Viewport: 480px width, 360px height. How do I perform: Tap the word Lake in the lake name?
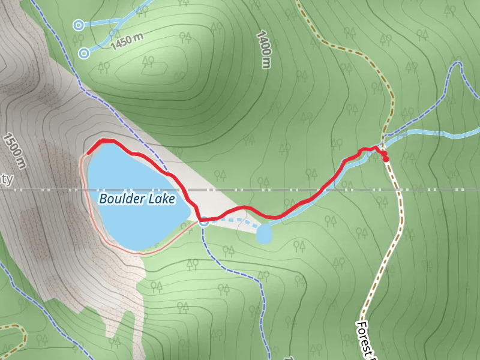163,198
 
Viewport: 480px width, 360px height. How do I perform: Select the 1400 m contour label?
264,49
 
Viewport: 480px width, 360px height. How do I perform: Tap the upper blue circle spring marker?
77,25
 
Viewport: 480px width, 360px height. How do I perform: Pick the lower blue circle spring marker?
84,53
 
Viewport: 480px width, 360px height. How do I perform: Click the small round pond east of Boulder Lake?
264,235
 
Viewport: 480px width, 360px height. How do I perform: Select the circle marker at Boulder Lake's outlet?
204,222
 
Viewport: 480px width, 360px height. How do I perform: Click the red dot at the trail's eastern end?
386,159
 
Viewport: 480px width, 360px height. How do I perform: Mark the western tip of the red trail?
88,152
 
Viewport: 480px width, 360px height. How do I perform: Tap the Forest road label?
366,339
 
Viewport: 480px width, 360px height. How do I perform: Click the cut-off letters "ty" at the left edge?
7,179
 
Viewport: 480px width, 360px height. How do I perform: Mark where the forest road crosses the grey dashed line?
398,190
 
